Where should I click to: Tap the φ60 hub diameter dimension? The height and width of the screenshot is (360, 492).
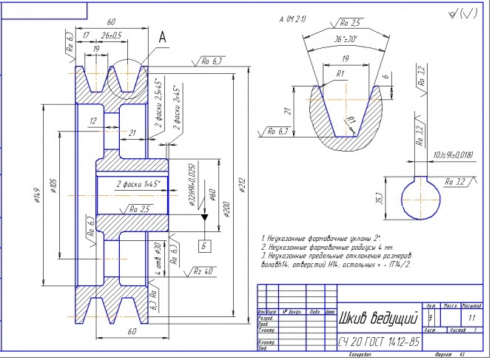[213, 197]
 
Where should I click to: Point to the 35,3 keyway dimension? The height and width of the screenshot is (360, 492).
[379, 198]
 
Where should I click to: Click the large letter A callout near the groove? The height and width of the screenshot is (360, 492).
[162, 34]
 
